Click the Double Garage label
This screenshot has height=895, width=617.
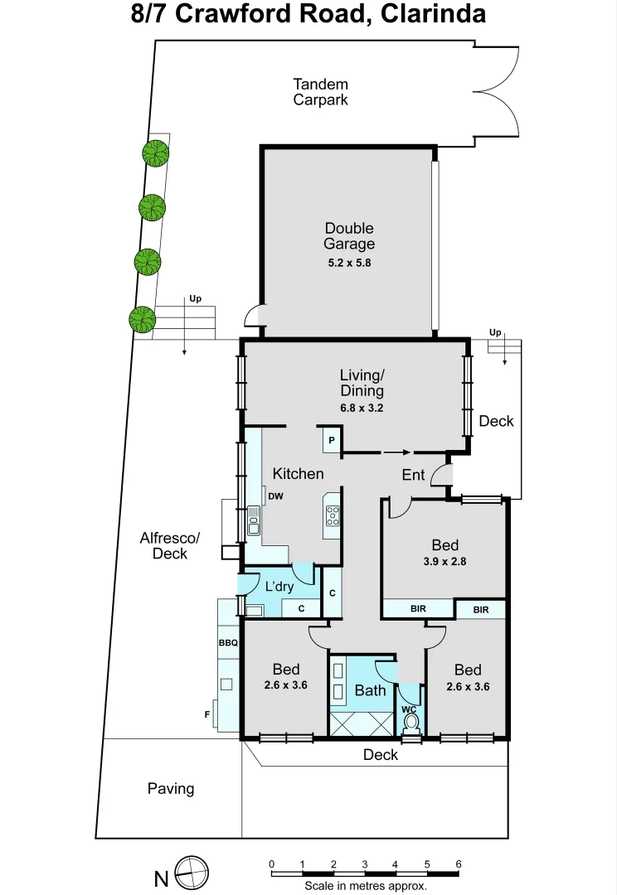(349, 236)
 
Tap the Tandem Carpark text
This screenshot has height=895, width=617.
(320, 92)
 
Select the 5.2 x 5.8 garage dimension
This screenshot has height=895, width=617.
(349, 264)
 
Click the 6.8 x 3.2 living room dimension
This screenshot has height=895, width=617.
(362, 408)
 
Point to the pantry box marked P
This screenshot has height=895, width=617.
(331, 440)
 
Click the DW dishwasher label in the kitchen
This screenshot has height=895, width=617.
(276, 496)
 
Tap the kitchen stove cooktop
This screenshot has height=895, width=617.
(333, 516)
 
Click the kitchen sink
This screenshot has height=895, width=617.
(253, 520)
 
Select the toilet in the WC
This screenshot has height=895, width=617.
(411, 721)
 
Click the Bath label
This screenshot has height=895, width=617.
(370, 689)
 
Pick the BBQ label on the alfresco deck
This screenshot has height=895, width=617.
(228, 643)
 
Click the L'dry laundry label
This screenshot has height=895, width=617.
(279, 587)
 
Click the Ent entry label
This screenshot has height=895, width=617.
(413, 475)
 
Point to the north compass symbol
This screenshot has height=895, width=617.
(192, 872)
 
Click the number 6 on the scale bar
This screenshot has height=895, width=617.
(459, 864)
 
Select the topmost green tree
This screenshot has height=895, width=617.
(155, 153)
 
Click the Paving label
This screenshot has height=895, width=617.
(171, 788)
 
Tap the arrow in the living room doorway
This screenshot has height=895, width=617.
(396, 452)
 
